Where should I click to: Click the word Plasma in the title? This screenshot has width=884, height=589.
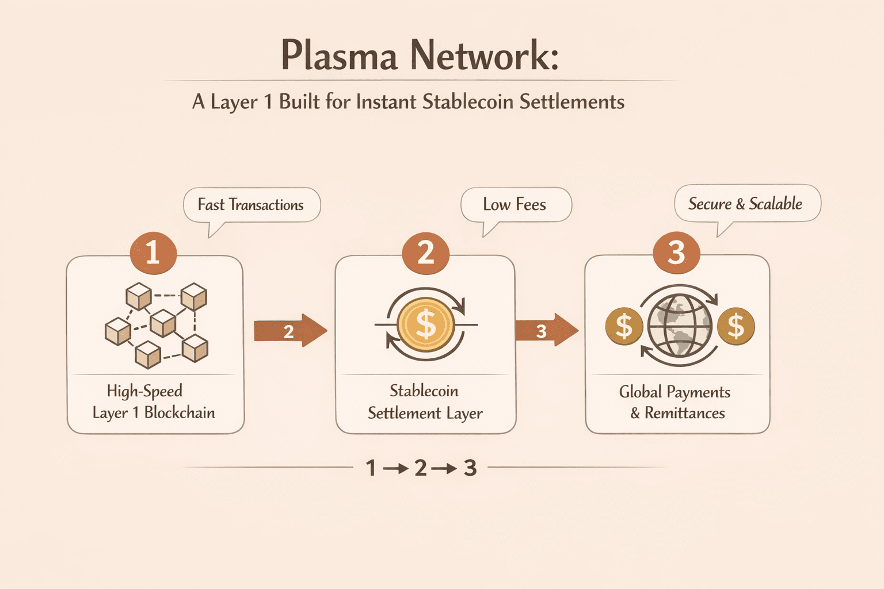[339, 56]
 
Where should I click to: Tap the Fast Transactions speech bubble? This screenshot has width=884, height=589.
[251, 205]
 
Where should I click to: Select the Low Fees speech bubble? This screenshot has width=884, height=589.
[515, 204]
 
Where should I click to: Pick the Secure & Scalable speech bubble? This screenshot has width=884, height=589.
[745, 204]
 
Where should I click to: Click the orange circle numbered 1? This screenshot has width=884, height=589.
[153, 253]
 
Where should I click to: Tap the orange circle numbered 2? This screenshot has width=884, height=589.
[425, 253]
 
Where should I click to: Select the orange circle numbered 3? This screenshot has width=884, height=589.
[676, 253]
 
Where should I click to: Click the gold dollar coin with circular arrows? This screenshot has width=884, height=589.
[426, 324]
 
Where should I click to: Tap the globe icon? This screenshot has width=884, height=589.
[680, 326]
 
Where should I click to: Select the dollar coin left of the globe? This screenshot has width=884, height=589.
[624, 326]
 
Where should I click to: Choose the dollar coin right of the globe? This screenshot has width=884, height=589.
[736, 326]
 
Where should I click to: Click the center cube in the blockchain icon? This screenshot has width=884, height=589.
[163, 323]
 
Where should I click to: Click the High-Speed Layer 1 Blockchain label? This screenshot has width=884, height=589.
[154, 401]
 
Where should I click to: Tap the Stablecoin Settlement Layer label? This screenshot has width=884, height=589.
[425, 401]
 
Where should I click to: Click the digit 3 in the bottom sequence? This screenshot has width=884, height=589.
[470, 468]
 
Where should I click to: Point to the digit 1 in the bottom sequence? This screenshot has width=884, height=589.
[371, 468]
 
